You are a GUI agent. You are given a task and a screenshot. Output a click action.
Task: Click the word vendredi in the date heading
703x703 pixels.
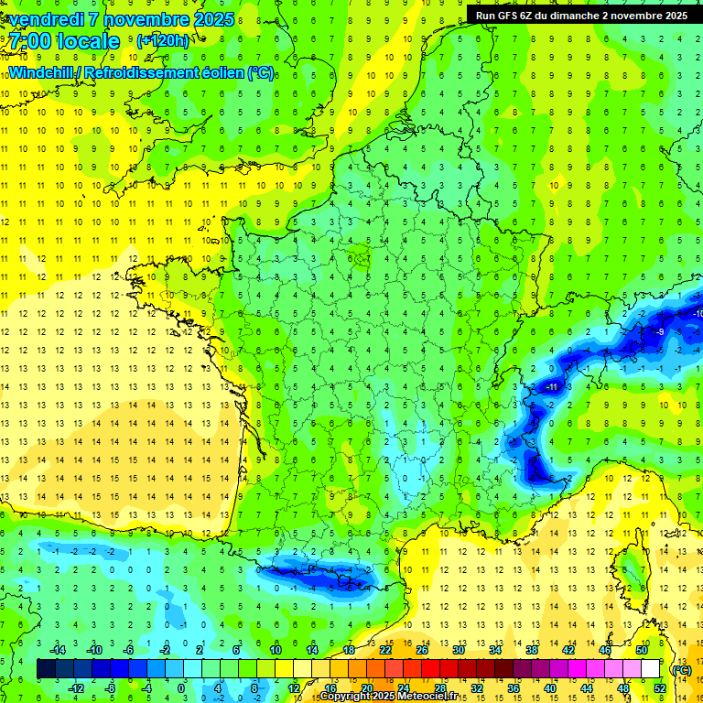45,19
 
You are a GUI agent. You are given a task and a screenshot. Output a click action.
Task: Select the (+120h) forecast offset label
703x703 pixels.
163,41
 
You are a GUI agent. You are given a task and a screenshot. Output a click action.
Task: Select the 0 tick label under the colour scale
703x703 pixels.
180,687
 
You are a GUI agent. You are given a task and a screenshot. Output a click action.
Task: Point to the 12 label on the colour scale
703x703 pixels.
294,687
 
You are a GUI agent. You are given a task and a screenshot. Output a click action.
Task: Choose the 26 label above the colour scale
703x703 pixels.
422,649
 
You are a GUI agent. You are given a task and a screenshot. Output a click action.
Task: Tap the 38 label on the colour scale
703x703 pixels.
532,649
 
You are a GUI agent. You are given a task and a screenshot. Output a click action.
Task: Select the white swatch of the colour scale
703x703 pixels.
651,668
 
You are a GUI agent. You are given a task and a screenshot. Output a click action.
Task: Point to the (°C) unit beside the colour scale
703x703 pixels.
681,669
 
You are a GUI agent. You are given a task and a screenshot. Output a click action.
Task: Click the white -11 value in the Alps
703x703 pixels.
551,388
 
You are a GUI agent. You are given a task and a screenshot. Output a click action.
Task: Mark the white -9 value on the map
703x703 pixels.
659,332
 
